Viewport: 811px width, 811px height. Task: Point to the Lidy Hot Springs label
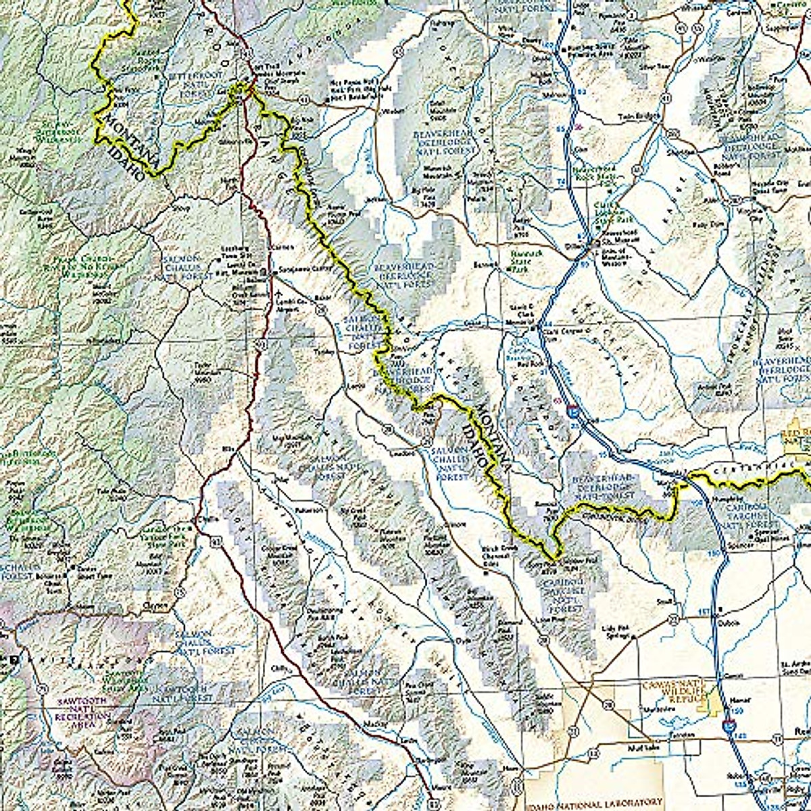pyautogui.click(x=615, y=631)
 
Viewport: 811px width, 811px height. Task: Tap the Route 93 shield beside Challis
pyautogui.click(x=215, y=540)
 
